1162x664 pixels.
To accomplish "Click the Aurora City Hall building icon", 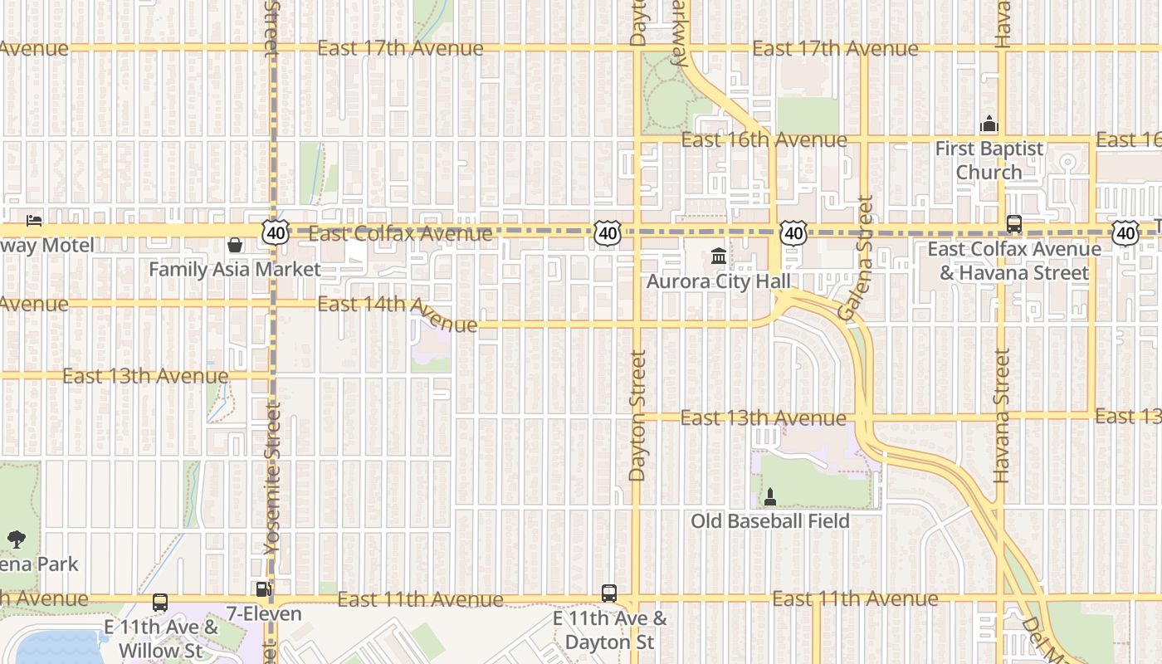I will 719,256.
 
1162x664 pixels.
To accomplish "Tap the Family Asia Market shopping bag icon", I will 235,245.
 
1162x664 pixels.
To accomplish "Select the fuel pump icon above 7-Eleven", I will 263,589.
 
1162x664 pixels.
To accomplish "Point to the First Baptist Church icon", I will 989,124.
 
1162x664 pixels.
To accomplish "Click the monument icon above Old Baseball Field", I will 770,496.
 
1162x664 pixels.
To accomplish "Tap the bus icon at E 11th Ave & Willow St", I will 160,603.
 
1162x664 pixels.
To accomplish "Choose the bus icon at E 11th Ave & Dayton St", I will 609,593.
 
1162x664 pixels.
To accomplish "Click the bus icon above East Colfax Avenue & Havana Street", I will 1014,223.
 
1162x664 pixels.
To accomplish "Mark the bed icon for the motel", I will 33,221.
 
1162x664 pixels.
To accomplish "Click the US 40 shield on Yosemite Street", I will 276,233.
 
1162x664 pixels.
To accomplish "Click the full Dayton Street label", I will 637,415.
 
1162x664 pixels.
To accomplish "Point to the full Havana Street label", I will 1002,415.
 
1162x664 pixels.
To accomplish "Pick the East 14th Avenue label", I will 398,312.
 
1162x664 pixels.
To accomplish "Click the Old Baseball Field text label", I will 770,521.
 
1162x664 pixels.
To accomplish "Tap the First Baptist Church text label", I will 989,160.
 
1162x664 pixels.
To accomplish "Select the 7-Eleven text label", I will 264,614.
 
